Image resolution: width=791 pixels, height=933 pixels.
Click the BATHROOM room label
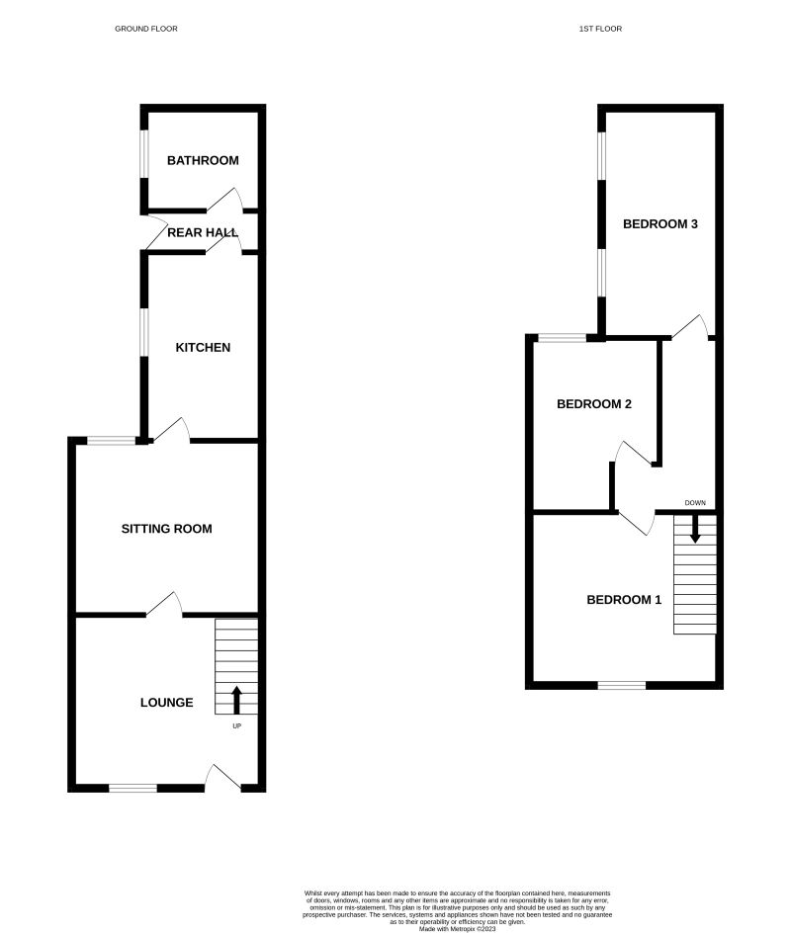(x=203, y=160)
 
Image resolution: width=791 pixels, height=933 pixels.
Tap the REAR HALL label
(x=203, y=232)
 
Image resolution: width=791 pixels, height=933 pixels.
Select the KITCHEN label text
(x=203, y=347)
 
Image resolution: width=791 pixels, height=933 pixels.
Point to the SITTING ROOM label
(x=166, y=529)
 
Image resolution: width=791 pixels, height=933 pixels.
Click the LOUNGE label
(x=166, y=703)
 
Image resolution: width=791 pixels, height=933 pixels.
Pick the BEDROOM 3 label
(x=660, y=223)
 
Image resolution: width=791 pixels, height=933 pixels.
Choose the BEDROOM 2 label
(x=594, y=403)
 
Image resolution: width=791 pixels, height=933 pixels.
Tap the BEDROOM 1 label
(x=624, y=599)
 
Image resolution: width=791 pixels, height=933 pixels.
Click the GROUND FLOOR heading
(x=146, y=29)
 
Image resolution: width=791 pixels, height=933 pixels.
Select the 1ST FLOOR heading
(x=600, y=29)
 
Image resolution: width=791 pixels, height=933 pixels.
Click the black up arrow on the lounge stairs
(x=236, y=700)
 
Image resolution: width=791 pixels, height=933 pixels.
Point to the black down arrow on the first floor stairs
(x=695, y=530)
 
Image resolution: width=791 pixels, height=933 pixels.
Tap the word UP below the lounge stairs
(x=236, y=726)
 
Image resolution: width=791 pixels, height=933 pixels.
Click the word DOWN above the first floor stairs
(x=695, y=503)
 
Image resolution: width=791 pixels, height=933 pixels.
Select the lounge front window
(x=132, y=788)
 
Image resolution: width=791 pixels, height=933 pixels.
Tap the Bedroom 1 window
(x=622, y=684)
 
